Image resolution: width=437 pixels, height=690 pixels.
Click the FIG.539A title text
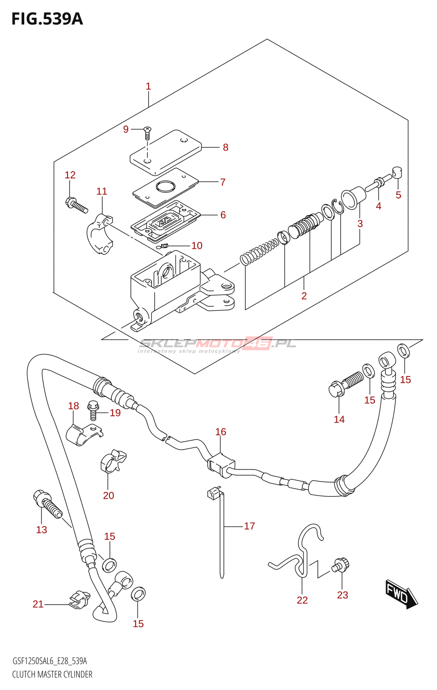pos(47,19)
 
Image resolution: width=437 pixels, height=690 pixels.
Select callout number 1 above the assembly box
pos(148,86)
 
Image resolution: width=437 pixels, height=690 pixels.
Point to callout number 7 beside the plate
pos(223,182)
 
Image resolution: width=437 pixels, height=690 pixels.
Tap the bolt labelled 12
pos(77,205)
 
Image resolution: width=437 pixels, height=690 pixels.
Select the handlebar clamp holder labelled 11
pos(99,233)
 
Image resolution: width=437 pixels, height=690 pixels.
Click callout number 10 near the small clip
pos(197,245)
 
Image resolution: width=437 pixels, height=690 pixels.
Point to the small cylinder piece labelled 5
pos(397,172)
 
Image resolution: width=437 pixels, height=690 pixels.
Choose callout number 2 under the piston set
pos(304,296)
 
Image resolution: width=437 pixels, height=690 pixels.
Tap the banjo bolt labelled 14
pos(346,384)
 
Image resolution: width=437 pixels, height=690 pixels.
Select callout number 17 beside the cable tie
pos(250,526)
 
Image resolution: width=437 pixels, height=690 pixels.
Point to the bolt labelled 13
pos(47,504)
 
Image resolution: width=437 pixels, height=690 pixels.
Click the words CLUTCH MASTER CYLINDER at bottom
pos(52,674)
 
